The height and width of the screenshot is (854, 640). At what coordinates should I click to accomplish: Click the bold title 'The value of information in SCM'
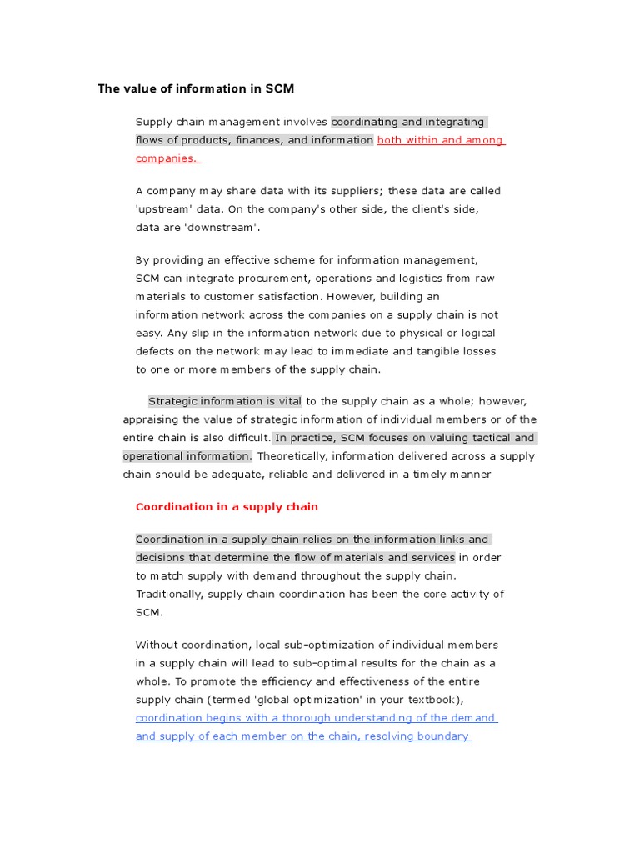tap(196, 88)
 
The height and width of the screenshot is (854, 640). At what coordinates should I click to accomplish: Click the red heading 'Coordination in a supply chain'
tap(227, 506)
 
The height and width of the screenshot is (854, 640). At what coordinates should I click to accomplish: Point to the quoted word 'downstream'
tap(225, 228)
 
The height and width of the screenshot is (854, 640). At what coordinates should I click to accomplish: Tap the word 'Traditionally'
tap(170, 595)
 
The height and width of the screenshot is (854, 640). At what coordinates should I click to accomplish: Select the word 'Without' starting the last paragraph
tap(156, 645)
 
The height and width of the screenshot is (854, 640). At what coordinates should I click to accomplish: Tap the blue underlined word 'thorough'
tap(304, 718)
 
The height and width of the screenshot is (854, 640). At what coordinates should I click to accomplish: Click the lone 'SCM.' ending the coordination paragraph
tap(149, 613)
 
